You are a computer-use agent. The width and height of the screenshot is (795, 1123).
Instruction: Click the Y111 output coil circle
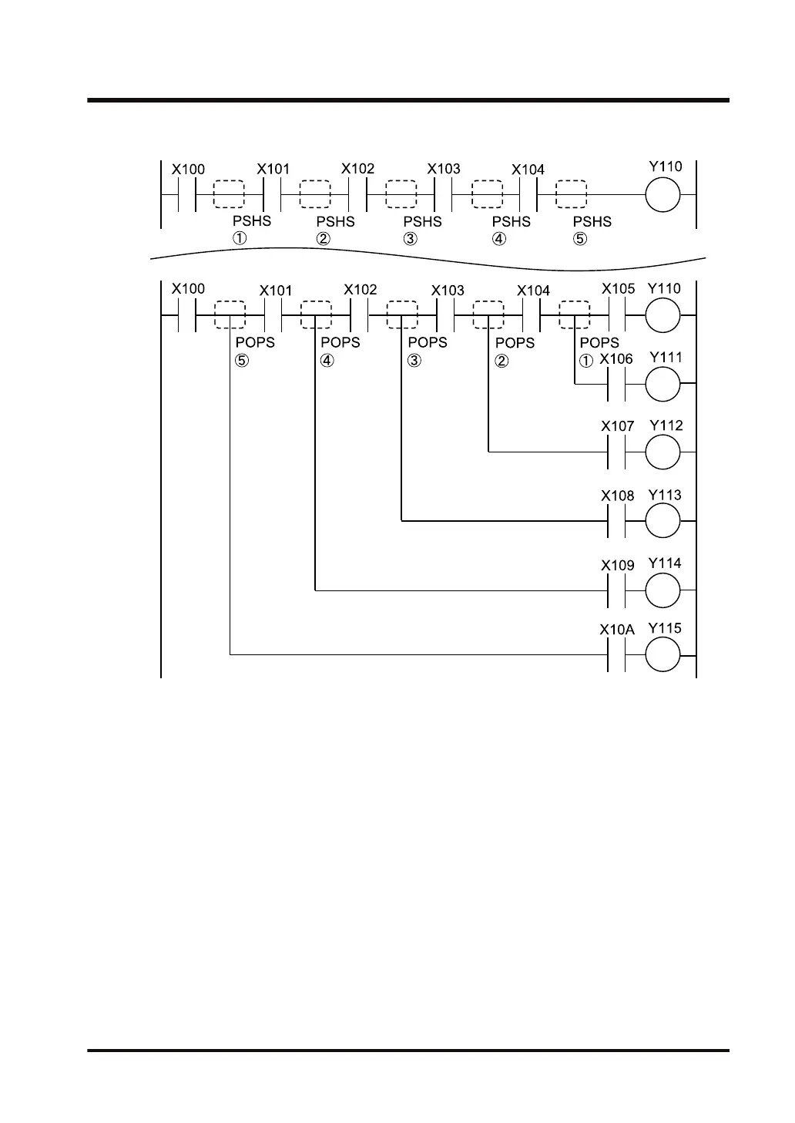pyautogui.click(x=662, y=383)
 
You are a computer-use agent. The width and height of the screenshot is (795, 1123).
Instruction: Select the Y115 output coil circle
pyautogui.click(x=662, y=655)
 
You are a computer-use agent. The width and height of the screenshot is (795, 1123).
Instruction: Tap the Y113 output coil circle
pyautogui.click(x=662, y=521)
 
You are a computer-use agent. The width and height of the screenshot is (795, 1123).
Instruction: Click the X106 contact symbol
pyautogui.click(x=616, y=383)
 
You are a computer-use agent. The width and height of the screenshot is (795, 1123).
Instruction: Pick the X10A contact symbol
pyautogui.click(x=616, y=655)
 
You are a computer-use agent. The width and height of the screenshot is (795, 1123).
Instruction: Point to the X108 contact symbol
pyautogui.click(x=616, y=521)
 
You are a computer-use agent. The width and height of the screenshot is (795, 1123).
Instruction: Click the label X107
pyautogui.click(x=617, y=425)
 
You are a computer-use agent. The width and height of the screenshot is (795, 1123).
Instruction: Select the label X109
pyautogui.click(x=617, y=565)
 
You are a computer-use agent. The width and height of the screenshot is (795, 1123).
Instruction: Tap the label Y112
pyautogui.click(x=666, y=425)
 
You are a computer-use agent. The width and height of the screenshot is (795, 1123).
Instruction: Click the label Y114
pyautogui.click(x=665, y=563)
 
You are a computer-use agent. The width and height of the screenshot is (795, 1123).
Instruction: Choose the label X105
pyautogui.click(x=618, y=289)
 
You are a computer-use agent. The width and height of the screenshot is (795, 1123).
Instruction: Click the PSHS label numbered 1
pyautogui.click(x=252, y=221)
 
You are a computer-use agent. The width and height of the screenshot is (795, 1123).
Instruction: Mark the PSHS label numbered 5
pyautogui.click(x=592, y=222)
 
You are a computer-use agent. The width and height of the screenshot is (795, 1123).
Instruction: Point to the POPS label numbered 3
pyautogui.click(x=428, y=342)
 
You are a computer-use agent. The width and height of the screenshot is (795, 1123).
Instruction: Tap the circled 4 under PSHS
pyautogui.click(x=500, y=239)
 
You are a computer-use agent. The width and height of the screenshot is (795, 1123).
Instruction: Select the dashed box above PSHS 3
pyautogui.click(x=401, y=194)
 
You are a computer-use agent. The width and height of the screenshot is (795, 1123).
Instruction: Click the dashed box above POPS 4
pyautogui.click(x=315, y=316)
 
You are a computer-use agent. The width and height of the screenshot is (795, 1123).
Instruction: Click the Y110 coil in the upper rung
pyautogui.click(x=662, y=194)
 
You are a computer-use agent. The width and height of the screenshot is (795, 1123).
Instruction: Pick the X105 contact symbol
pyautogui.click(x=616, y=316)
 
